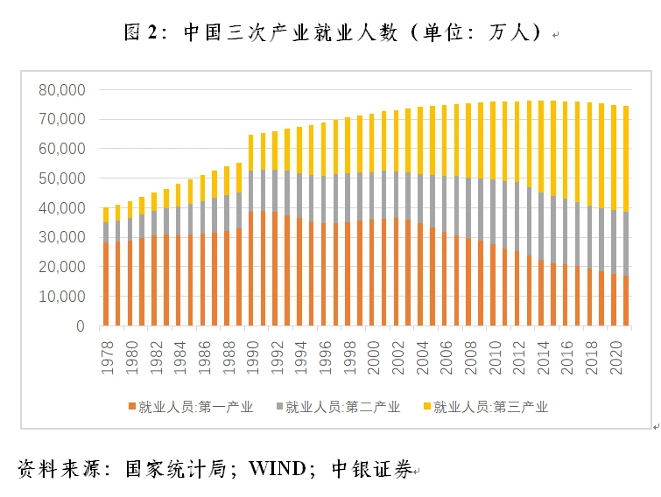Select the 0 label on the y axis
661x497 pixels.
(80, 326)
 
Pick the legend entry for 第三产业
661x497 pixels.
(491, 406)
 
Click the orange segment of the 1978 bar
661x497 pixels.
(107, 284)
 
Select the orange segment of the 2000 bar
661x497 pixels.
(373, 272)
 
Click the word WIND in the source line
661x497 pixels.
(277, 469)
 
